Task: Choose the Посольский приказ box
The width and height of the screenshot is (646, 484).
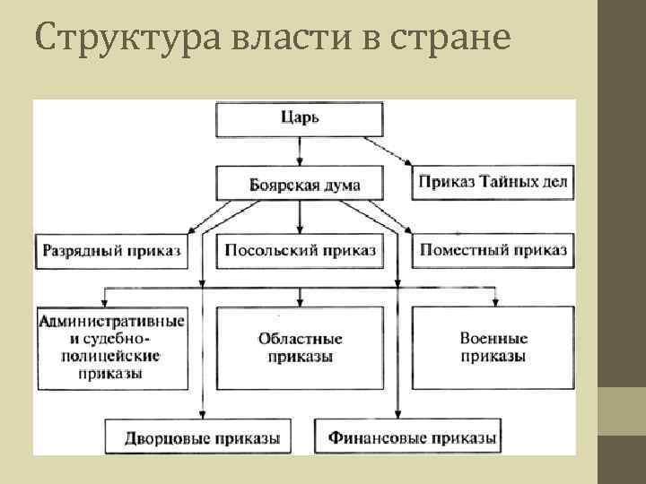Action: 300,251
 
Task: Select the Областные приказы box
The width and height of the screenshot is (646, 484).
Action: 300,348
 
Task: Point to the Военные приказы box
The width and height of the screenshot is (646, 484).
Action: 493,348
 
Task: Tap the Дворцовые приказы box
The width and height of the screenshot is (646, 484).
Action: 204,438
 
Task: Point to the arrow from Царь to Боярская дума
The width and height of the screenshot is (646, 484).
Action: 300,151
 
